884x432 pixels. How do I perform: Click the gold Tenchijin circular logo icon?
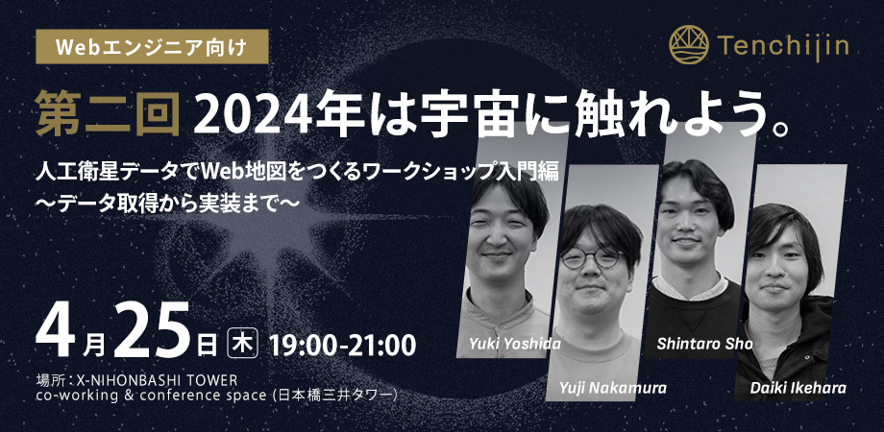click(x=689, y=44)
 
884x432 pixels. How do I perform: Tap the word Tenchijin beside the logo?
click(x=784, y=45)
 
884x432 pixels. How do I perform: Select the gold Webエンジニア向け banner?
click(x=152, y=47)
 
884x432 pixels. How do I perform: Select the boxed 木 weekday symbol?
click(x=242, y=344)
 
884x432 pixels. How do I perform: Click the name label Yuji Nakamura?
click(x=613, y=388)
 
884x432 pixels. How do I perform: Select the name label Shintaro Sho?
click(x=704, y=344)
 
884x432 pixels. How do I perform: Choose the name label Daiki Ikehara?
click(x=798, y=388)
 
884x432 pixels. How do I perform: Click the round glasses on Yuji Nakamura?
click(x=591, y=258)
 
